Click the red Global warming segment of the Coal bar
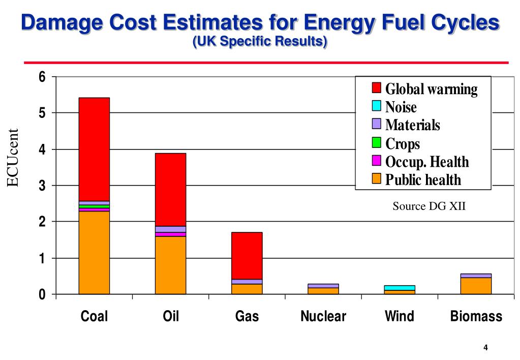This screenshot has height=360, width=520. pos(94,149)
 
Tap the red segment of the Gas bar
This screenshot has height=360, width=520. pos(247,255)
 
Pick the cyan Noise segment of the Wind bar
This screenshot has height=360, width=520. pos(400,288)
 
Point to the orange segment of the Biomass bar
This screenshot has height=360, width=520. pos(476,286)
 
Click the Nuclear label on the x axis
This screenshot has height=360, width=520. pos(323,317)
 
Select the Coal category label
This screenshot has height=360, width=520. pos(95,317)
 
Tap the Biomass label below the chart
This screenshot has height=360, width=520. pos(476,317)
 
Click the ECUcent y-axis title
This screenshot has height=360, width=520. pos(14,158)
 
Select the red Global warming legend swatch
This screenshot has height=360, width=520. pos(377,88)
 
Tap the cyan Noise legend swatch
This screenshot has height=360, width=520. pos(377,106)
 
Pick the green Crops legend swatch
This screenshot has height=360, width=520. pos(377,143)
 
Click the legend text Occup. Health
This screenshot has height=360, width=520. pos(427,162)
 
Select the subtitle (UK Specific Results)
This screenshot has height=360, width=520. pos(260,42)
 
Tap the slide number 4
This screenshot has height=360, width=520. pos(485,348)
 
